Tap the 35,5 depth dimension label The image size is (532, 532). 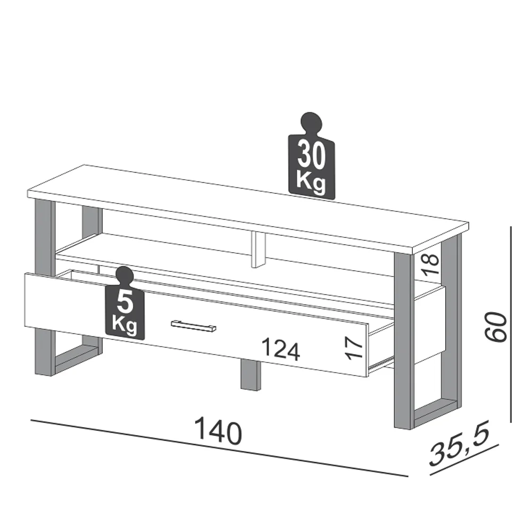[x=459, y=446]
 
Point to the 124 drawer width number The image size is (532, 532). [x=281, y=351]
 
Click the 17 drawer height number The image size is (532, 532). [x=355, y=347]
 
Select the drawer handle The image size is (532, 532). [x=193, y=326]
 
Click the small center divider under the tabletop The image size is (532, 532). [x=259, y=249]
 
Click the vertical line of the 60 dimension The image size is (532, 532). [x=511, y=325]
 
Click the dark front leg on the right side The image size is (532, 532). [x=403, y=340]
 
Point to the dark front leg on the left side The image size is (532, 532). [x=45, y=287]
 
